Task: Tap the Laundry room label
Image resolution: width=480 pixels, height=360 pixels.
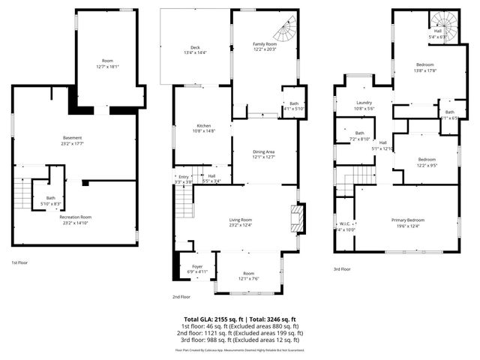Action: (364, 103)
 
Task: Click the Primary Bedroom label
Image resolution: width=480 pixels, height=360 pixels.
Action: (408, 220)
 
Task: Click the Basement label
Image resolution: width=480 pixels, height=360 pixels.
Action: (72, 137)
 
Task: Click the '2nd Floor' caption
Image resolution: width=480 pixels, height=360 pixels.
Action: (181, 296)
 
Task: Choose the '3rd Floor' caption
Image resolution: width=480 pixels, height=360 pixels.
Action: (341, 268)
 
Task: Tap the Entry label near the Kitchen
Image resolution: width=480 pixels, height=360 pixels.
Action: (184, 176)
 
